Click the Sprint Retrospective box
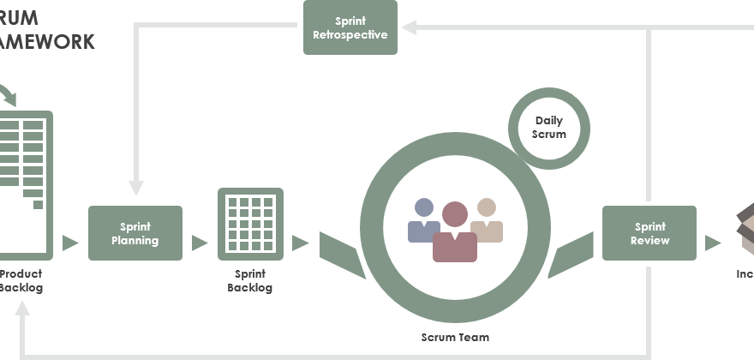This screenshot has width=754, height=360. pyautogui.click(x=350, y=27)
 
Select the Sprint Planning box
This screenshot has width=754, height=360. pyautogui.click(x=135, y=233)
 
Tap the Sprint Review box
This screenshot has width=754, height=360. pyautogui.click(x=649, y=233)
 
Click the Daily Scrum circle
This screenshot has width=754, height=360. pyautogui.click(x=549, y=129)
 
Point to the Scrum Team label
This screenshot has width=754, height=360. pyautogui.click(x=455, y=338)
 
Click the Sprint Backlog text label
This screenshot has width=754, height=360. pyautogui.click(x=250, y=281)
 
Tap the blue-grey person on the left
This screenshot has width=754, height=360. pyautogui.click(x=423, y=221)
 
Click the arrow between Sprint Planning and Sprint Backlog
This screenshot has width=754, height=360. pyautogui.click(x=200, y=243)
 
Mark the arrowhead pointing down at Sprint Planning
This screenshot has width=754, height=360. pyautogui.click(x=135, y=186)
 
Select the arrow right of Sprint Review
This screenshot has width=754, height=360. pyautogui.click(x=713, y=243)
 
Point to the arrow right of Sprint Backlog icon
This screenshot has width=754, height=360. pyautogui.click(x=300, y=243)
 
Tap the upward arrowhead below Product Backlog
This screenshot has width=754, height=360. pyautogui.click(x=22, y=315)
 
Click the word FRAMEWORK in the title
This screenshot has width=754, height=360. pyautogui.click(x=47, y=41)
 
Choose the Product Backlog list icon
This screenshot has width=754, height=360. pyautogui.click(x=24, y=184)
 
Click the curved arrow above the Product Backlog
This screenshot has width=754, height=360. pyautogui.click(x=9, y=94)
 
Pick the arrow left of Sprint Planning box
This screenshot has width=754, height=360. pyautogui.click(x=70, y=243)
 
